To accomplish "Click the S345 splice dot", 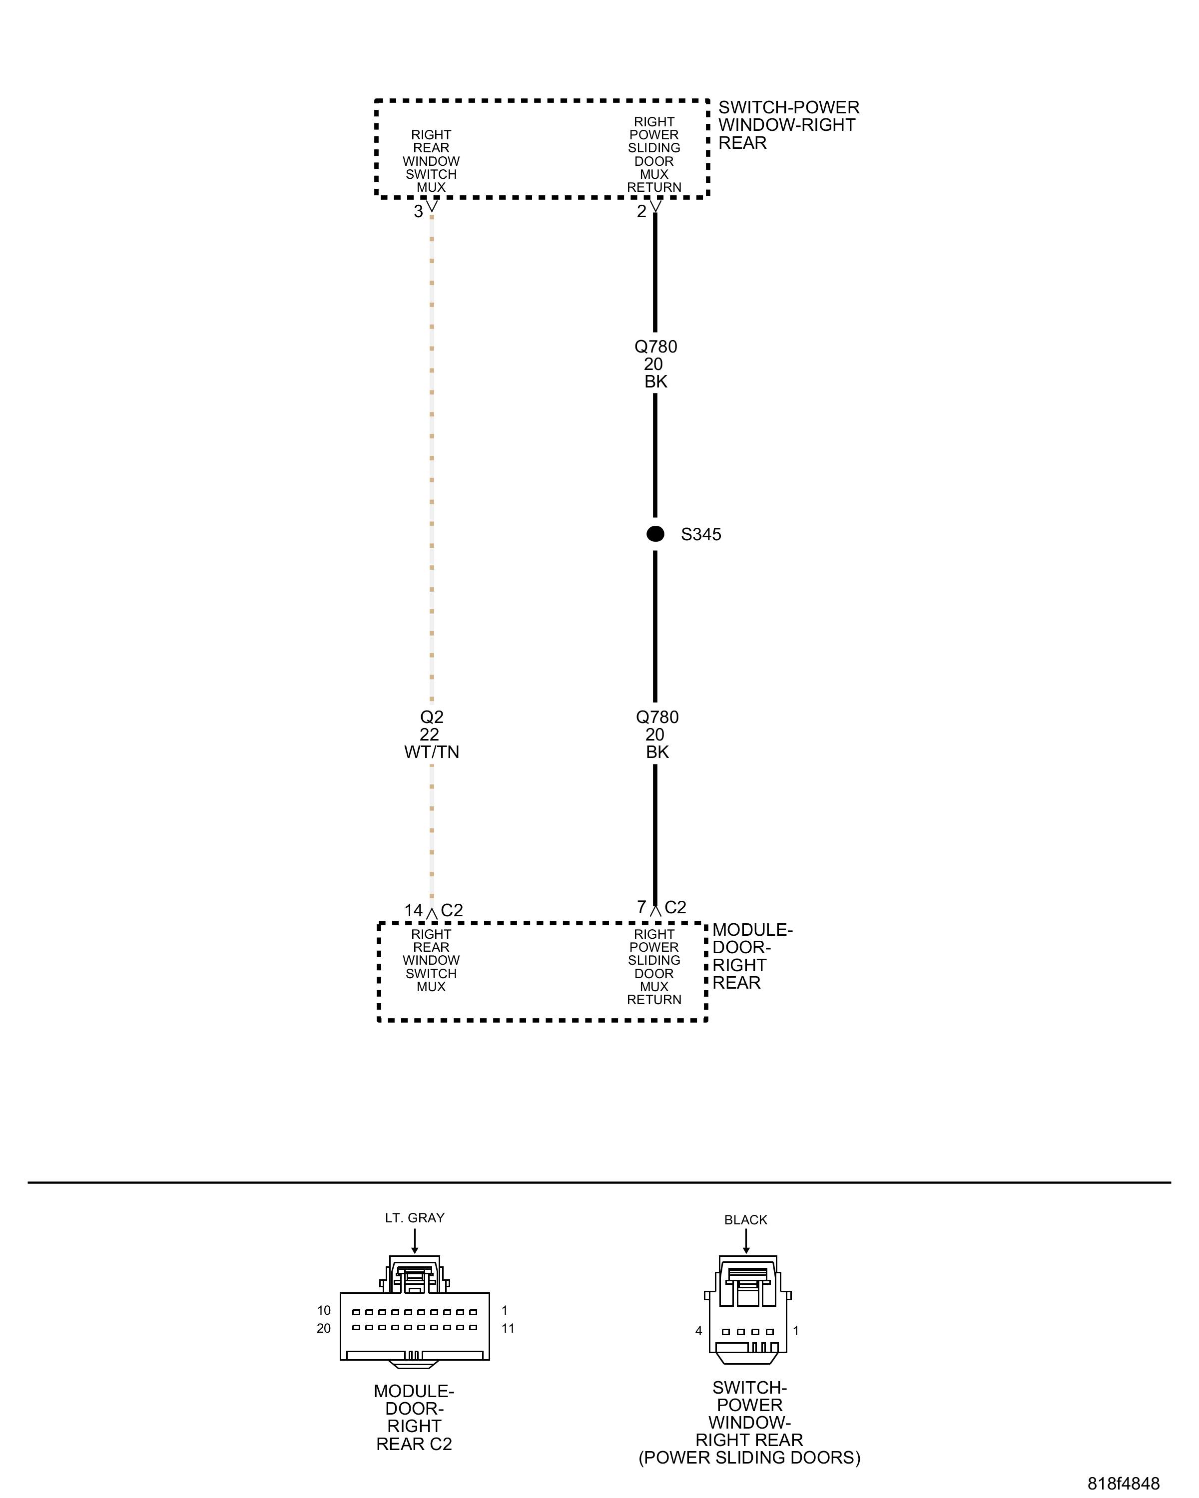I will coord(655,534).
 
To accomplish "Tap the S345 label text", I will coord(700,534).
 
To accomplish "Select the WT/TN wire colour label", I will coord(432,752).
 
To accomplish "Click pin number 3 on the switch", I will coord(419,211).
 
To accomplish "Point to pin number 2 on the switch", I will coord(641,211).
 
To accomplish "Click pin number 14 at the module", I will coord(414,910).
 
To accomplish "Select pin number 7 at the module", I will coord(641,907).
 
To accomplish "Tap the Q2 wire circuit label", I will coord(432,717).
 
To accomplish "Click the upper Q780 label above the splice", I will coord(655,346).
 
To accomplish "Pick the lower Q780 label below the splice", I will coord(657,717).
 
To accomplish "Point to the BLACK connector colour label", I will coord(746,1220).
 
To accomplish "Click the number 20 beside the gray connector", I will coord(324,1328).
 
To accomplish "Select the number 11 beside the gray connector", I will coord(508,1328).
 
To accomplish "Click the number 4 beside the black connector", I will coord(698,1331).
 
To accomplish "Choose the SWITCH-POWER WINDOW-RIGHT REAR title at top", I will coord(788,125).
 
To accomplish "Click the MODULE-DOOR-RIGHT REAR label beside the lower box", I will coord(752,956).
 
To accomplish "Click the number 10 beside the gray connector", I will coord(324,1310).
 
